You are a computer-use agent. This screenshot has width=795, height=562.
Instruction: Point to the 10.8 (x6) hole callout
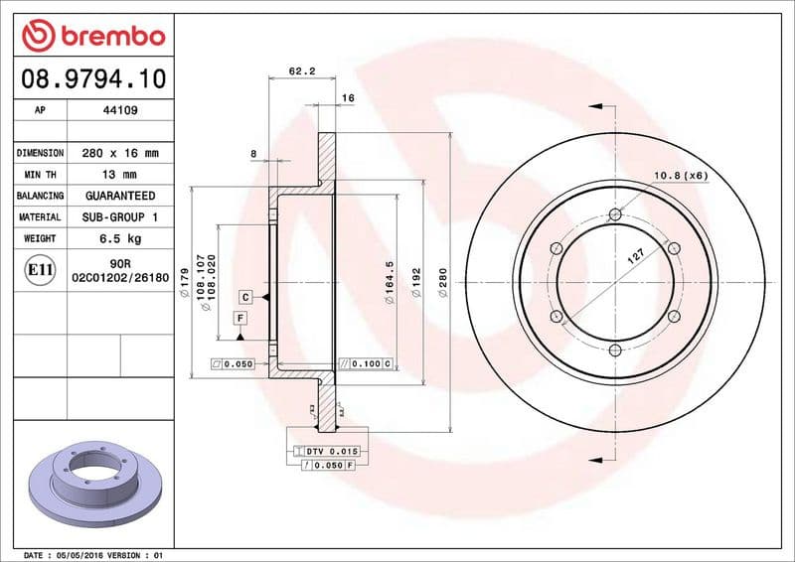[680, 176]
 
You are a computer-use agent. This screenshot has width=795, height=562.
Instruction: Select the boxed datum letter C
[243, 297]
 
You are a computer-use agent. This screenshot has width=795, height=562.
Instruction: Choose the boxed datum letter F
[239, 318]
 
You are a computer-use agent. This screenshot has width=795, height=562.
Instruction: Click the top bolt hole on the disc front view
[615, 214]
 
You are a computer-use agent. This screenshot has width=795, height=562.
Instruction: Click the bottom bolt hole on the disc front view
[615, 350]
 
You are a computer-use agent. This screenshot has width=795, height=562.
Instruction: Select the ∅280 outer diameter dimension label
[443, 283]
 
